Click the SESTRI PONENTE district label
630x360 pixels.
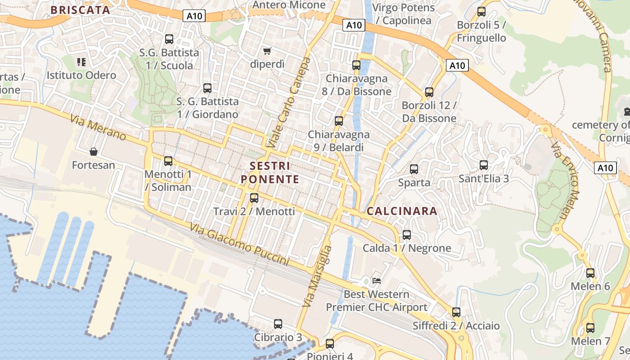(x=270, y=172)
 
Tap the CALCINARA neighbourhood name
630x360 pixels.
(x=402, y=211)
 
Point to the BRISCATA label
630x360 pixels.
(x=80, y=10)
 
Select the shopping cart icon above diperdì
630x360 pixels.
(x=267, y=51)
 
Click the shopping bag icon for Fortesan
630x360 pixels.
(x=94, y=152)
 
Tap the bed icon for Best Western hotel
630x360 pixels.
(x=377, y=281)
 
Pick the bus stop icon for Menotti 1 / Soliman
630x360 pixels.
(x=168, y=161)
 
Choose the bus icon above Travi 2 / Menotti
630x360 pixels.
(x=254, y=198)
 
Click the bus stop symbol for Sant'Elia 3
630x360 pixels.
(x=484, y=165)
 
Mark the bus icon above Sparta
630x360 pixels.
(x=414, y=169)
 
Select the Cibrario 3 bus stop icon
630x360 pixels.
(x=278, y=324)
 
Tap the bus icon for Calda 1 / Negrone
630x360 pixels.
(x=407, y=234)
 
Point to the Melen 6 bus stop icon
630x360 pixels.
(x=590, y=273)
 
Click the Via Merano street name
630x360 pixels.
(x=98, y=127)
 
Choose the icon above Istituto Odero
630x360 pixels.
(x=81, y=62)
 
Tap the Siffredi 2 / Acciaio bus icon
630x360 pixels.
(x=456, y=312)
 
